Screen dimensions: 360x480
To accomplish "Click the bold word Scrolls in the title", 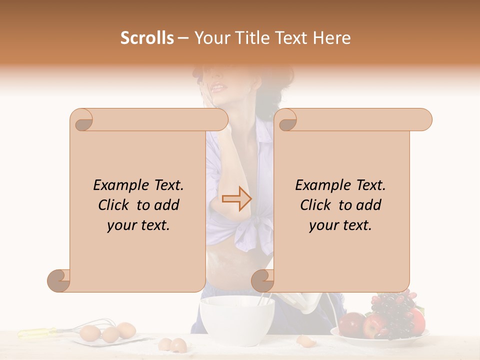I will click(x=147, y=38).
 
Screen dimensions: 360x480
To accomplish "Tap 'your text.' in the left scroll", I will click(x=138, y=225).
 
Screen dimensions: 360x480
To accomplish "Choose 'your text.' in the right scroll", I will click(x=340, y=225).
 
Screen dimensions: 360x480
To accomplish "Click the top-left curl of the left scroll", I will click(x=82, y=120).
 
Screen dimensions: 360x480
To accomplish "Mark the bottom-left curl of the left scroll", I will click(x=59, y=280).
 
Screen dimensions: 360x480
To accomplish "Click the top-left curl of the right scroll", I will click(x=286, y=120).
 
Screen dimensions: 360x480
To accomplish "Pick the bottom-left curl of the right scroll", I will click(x=262, y=280).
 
